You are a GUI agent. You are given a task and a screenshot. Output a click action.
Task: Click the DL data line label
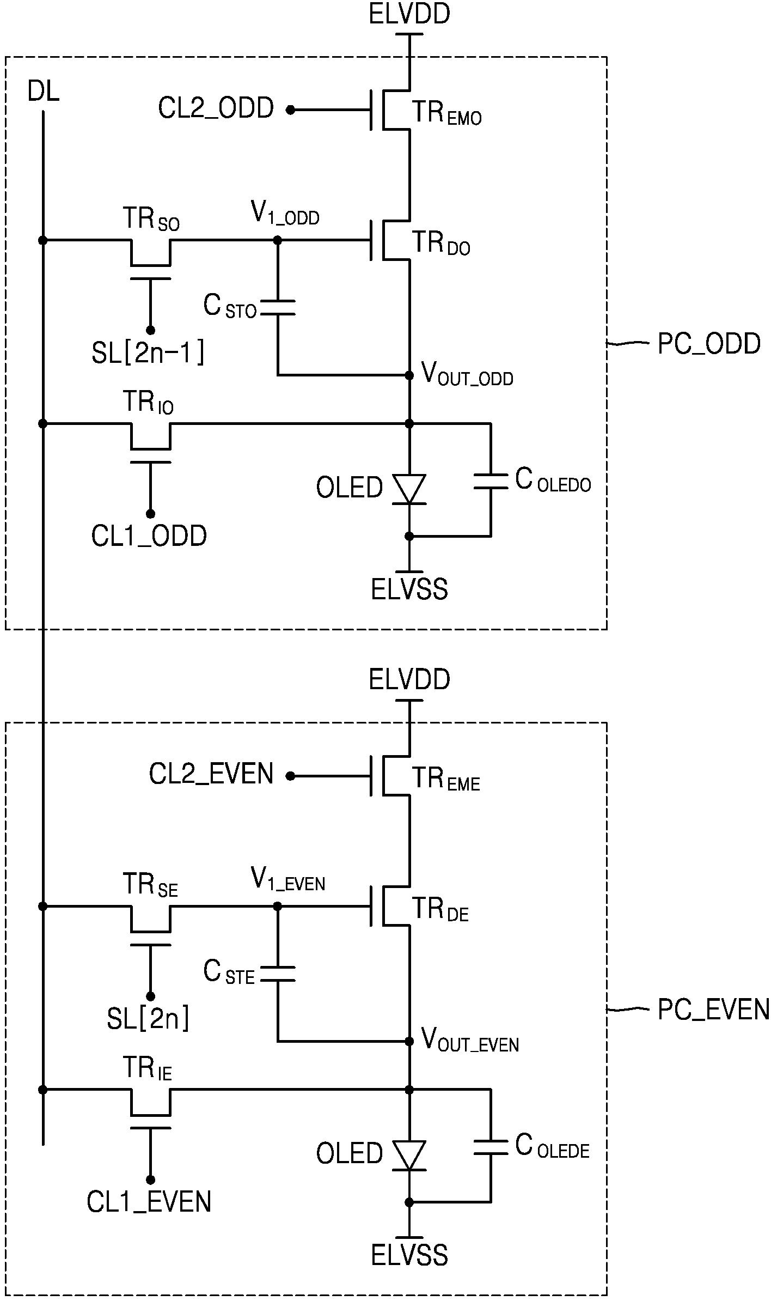[x=43, y=93]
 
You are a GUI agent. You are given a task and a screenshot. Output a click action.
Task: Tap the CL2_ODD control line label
[x=216, y=108]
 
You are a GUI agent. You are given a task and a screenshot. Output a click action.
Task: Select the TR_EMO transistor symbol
[x=389, y=110]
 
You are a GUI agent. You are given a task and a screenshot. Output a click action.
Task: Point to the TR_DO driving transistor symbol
[x=389, y=240]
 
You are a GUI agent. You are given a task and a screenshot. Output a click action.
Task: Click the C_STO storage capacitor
[x=278, y=308]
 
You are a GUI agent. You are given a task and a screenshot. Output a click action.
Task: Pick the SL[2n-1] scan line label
[x=148, y=354]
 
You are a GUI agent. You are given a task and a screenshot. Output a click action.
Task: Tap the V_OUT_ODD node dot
[x=409, y=375]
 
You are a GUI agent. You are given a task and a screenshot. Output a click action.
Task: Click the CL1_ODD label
[x=149, y=536]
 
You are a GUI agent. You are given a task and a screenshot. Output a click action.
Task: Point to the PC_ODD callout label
[x=709, y=344]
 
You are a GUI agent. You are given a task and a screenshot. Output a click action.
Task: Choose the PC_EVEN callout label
[x=713, y=1010]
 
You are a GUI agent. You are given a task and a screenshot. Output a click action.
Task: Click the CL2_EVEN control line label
[x=211, y=774]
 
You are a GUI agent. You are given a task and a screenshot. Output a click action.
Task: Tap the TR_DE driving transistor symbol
[x=389, y=906]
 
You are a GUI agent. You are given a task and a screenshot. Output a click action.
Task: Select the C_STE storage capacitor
[x=278, y=974]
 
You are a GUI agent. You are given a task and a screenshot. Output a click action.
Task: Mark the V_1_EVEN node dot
[x=278, y=906]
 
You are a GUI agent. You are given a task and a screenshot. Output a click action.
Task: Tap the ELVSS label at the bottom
[x=409, y=1255]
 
